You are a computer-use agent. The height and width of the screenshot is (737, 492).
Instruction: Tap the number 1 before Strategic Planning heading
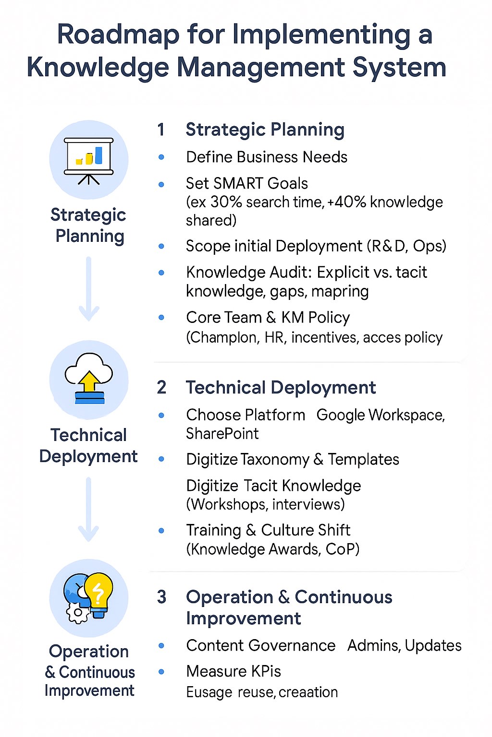tap(161, 129)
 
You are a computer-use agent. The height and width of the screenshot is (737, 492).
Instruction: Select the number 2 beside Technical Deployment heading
tap(161, 387)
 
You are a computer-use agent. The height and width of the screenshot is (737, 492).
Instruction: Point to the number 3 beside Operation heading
tap(161, 597)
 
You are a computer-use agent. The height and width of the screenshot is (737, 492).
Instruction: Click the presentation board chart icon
tap(88, 161)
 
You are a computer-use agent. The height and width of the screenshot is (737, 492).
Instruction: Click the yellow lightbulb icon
tap(98, 595)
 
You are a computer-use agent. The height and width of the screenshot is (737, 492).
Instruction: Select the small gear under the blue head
tap(77, 612)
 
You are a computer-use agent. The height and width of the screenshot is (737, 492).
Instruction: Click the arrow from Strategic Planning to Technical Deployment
tap(88, 289)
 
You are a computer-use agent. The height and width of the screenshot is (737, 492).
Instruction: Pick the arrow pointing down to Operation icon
tap(88, 509)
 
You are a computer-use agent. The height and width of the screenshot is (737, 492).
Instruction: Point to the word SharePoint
tap(222, 433)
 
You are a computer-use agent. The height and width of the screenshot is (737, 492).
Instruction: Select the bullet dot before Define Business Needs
tap(161, 157)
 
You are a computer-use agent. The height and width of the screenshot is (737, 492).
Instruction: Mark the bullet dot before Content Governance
tap(161, 645)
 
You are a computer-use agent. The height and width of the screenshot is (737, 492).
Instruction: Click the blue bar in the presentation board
tap(98, 155)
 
